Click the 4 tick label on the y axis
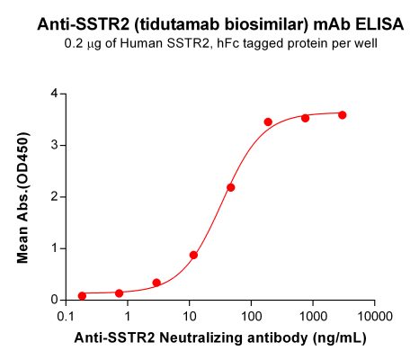(55, 94)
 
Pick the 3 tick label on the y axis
(55, 145)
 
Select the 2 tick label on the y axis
(55, 196)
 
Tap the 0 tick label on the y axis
(55, 300)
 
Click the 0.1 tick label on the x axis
(66, 317)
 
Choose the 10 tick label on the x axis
(189, 317)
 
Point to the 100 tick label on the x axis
(251, 317)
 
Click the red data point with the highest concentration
(342, 115)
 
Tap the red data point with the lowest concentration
(82, 295)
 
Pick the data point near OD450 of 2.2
(231, 187)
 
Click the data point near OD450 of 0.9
(193, 255)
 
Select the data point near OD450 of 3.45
(268, 121)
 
